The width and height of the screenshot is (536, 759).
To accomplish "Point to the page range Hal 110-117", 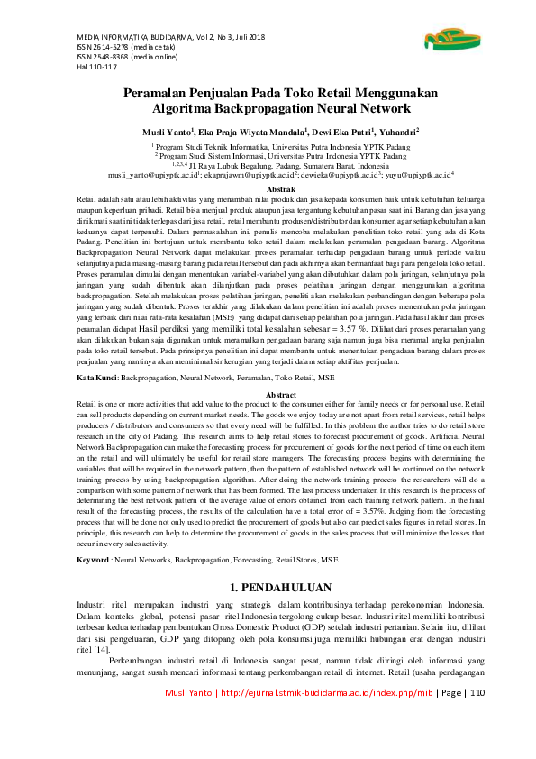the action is tap(85, 66).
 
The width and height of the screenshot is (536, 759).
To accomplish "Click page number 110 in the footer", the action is tap(477, 718).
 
